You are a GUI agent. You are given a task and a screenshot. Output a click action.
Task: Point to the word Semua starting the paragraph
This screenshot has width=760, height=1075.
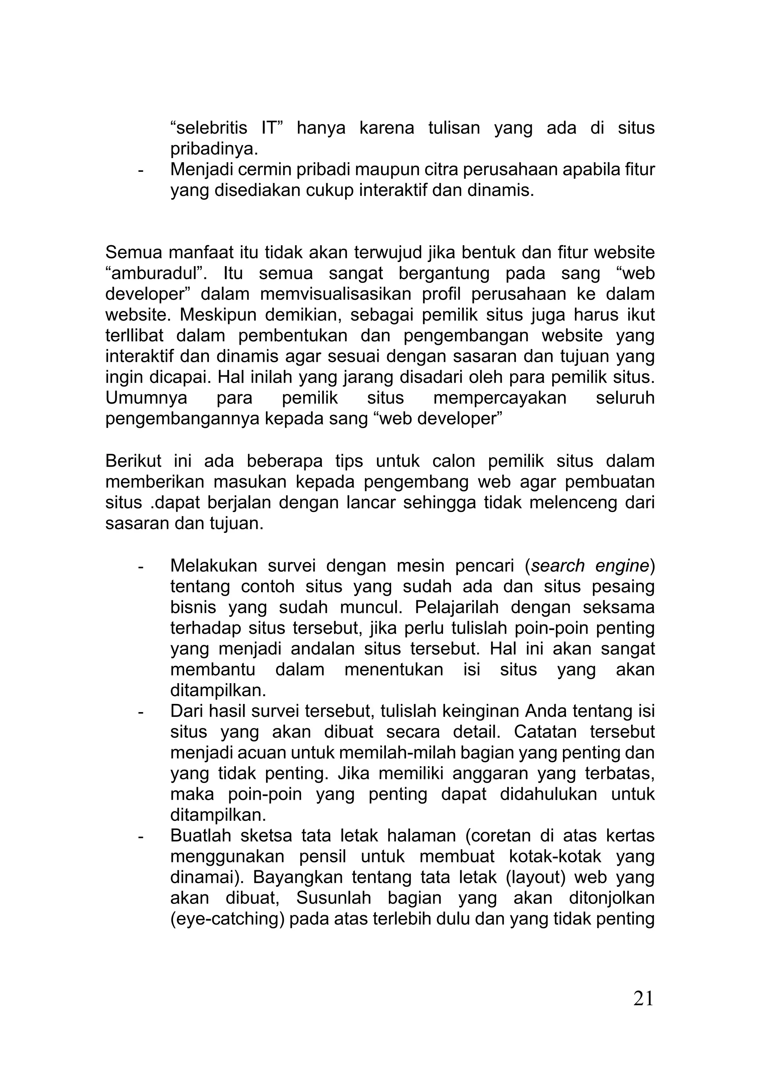(134, 253)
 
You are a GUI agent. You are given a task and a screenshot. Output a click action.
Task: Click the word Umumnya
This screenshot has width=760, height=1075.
(146, 399)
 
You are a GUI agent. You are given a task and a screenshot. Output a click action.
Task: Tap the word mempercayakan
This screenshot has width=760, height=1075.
(499, 399)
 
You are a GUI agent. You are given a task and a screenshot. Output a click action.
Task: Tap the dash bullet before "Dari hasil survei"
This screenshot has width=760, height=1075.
(140, 712)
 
